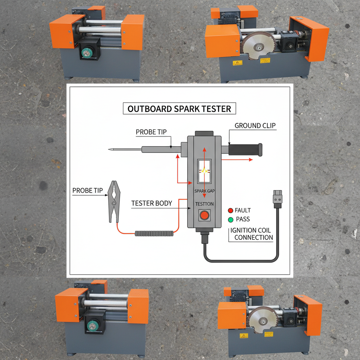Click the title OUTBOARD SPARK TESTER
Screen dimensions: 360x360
coord(179,109)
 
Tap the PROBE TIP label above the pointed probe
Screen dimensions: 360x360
coord(151,132)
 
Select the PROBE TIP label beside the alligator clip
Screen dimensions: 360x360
coord(88,191)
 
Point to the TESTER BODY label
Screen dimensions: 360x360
coord(152,203)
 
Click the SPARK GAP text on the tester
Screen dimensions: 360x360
coord(204,191)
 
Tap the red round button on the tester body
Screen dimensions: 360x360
coord(204,215)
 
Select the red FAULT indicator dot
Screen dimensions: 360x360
coord(230,211)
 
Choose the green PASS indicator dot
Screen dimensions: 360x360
coord(230,219)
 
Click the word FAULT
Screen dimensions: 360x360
coord(243,211)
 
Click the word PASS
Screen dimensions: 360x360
coord(243,219)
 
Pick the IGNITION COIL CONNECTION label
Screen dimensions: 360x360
coord(251,234)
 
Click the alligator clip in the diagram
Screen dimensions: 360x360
coord(114,201)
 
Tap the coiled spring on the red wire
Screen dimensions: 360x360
coord(154,233)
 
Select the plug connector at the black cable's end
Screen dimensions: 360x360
coord(278,197)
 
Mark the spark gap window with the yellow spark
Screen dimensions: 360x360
coord(204,171)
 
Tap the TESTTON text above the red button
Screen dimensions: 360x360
coord(204,204)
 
